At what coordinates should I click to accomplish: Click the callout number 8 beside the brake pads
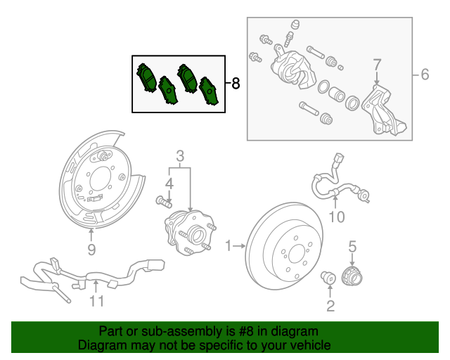pos(235,84)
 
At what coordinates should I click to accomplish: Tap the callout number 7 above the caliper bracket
pos(377,65)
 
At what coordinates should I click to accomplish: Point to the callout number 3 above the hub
pos(180,155)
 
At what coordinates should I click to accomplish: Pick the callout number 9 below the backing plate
pos(91,250)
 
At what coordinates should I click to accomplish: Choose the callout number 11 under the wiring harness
pos(96,302)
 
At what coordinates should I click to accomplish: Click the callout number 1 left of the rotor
pos(228,245)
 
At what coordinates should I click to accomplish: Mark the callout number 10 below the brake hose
pos(337,217)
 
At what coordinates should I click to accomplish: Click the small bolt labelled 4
pos(163,202)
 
